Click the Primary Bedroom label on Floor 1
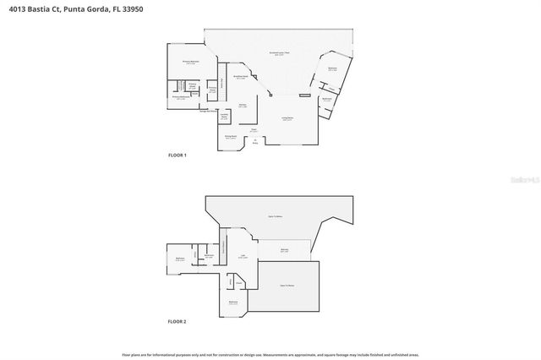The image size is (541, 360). [x=190, y=62]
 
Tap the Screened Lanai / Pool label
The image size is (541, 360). [x=280, y=53]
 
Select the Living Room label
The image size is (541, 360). [x=287, y=118]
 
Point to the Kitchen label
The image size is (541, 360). [x=243, y=106]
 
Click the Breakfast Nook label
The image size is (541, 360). [x=240, y=76]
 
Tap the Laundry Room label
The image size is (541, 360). [x=225, y=116]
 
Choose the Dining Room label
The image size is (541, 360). [x=230, y=136]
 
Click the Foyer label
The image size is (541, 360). [x=253, y=130]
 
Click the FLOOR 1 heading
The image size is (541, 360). [x=177, y=155]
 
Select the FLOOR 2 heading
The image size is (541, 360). [x=177, y=322]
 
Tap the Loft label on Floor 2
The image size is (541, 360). [x=243, y=256]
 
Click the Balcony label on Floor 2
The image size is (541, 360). [x=285, y=250]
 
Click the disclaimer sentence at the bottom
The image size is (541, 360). [x=270, y=355]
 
